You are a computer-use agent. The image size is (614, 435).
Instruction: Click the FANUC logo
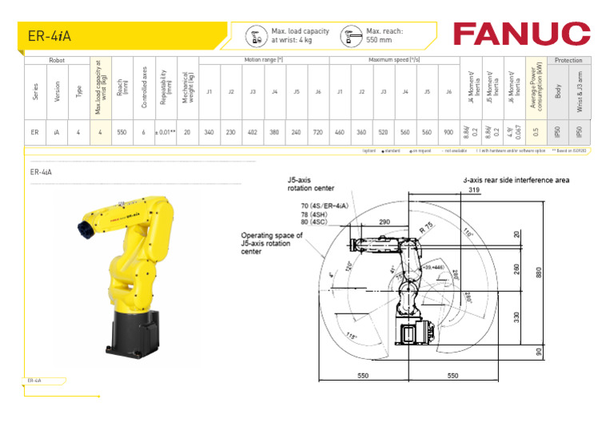[520, 34]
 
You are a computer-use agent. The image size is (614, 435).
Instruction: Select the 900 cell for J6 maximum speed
[449, 132]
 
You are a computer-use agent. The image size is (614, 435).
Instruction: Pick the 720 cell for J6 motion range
[318, 132]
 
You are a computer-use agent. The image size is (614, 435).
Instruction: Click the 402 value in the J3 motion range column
[253, 132]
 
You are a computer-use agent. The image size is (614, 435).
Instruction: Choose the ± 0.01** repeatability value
[165, 132]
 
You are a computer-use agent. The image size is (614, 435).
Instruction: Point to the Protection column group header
[568, 60]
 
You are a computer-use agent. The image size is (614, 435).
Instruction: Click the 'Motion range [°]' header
[264, 60]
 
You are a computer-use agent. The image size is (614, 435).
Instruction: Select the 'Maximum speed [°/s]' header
[394, 60]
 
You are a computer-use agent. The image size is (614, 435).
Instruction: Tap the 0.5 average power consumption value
[536, 132]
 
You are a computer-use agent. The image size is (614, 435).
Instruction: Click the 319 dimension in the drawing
[474, 190]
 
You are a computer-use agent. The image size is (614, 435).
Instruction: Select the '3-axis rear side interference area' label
[516, 180]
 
